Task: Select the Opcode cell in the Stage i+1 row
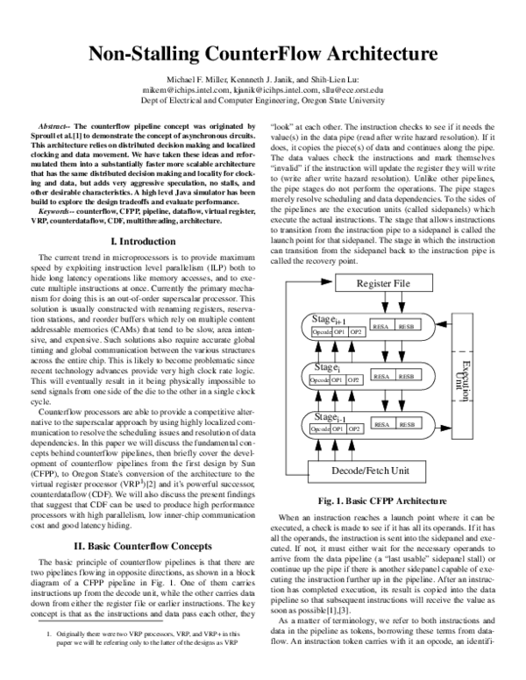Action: pos(323,332)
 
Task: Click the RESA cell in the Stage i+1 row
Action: pos(382,327)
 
